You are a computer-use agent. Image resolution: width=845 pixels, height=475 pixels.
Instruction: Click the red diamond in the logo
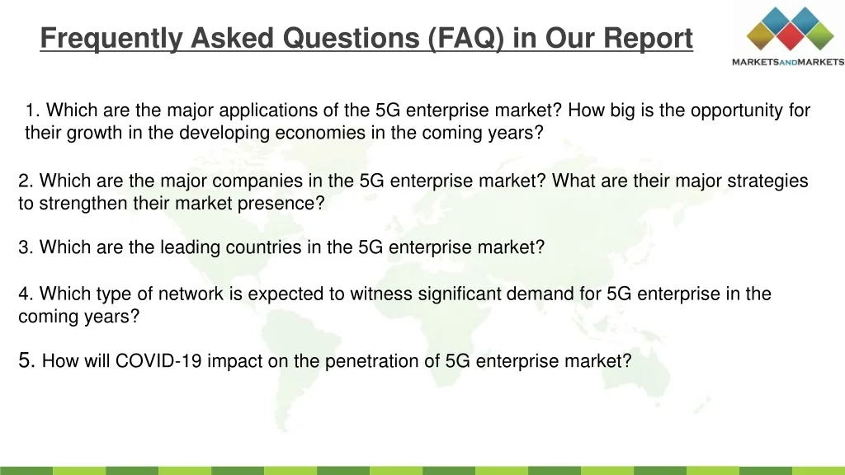790,36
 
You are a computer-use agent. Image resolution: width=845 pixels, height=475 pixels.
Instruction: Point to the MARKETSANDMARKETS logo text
788,62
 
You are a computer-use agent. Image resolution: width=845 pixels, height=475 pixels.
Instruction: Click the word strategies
767,181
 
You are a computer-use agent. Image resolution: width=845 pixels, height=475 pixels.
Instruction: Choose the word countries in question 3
263,247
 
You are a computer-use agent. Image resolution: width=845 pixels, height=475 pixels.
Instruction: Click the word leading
191,247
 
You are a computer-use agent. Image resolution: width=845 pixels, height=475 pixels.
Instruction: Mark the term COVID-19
158,361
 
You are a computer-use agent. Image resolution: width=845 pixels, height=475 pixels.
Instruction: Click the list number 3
26,247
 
